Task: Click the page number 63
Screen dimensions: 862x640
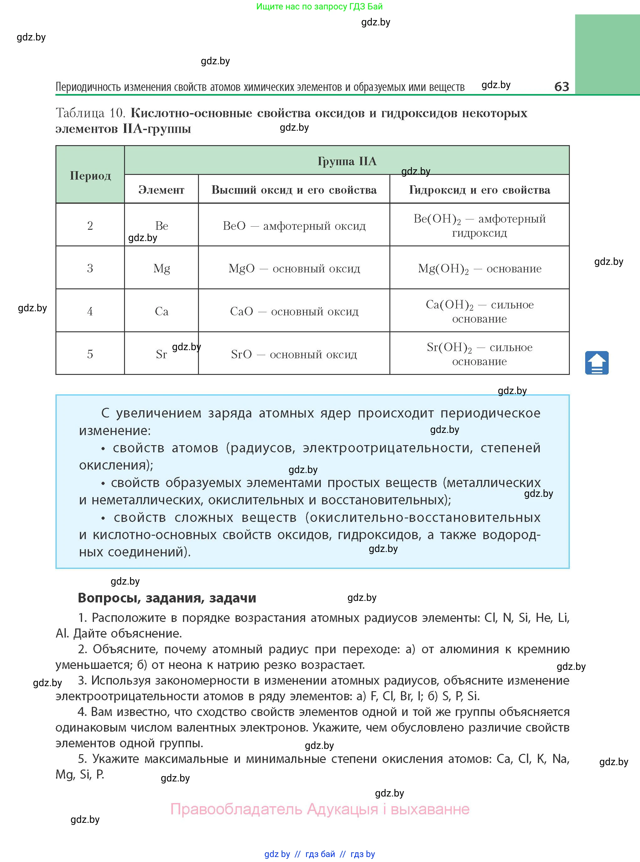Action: pyautogui.click(x=561, y=86)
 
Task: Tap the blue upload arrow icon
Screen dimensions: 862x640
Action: pyautogui.click(x=596, y=363)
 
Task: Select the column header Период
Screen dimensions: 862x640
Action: pyautogui.click(x=90, y=176)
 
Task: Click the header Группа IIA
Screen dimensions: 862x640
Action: pyautogui.click(x=347, y=161)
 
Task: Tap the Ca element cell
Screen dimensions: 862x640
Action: pyautogui.click(x=162, y=311)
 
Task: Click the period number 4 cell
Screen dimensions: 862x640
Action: pyautogui.click(x=90, y=311)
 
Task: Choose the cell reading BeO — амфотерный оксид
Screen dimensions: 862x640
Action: pyautogui.click(x=294, y=226)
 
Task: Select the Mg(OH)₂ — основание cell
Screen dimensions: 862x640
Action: pyautogui.click(x=480, y=268)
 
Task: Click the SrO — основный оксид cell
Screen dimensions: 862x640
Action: pyautogui.click(x=294, y=354)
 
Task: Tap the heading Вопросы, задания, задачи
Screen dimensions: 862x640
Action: pyautogui.click(x=167, y=598)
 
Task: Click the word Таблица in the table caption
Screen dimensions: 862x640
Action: pyautogui.click(x=80, y=113)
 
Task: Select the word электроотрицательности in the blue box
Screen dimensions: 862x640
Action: pyautogui.click(x=388, y=448)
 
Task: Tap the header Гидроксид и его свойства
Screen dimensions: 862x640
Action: pyautogui.click(x=480, y=190)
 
